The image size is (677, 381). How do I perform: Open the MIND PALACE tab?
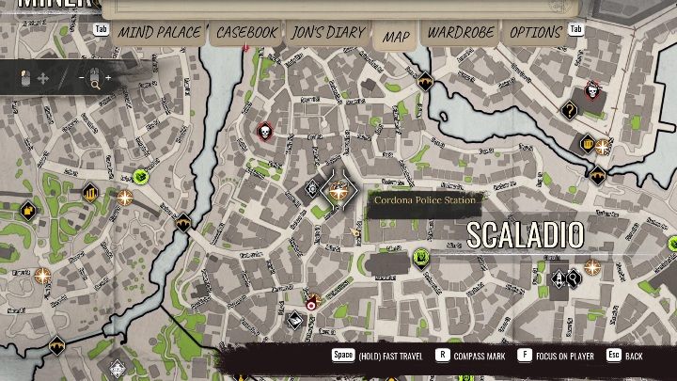(159, 33)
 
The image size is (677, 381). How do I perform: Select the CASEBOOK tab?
(246, 33)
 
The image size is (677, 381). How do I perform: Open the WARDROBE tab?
(461, 33)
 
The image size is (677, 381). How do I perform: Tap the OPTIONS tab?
(535, 33)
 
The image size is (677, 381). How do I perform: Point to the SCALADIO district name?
(525, 235)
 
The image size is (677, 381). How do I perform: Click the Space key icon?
(342, 356)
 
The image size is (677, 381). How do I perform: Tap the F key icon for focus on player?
(523, 356)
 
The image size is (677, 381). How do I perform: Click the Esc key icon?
(614, 356)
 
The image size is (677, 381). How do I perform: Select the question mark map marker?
(569, 110)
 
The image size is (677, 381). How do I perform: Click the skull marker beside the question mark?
(592, 91)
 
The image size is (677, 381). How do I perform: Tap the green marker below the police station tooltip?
(422, 256)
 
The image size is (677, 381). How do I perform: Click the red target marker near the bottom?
(311, 302)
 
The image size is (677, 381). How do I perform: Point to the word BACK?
(635, 356)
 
